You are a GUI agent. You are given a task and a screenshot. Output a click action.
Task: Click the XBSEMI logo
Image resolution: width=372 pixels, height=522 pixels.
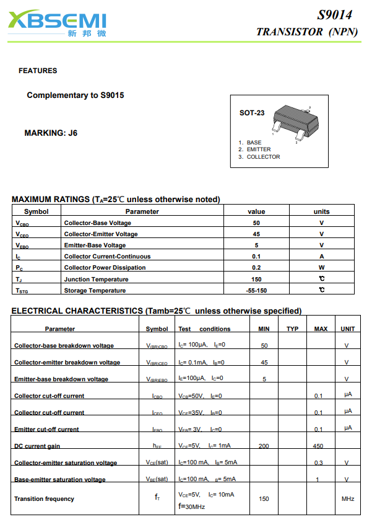click(57, 24)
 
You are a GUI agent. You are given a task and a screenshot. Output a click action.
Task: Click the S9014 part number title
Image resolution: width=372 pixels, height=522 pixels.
click(335, 15)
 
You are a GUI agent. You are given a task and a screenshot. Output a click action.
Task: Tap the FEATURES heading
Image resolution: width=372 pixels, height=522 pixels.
click(38, 71)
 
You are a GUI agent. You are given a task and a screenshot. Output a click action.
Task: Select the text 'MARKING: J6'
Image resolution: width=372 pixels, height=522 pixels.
click(51, 133)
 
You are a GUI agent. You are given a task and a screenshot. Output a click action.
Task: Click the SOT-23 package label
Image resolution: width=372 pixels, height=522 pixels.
click(252, 113)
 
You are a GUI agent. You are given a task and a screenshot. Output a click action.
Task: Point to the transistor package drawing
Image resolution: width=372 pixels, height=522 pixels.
click(291, 119)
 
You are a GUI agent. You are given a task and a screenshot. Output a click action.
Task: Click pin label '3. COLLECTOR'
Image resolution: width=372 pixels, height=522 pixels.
click(259, 157)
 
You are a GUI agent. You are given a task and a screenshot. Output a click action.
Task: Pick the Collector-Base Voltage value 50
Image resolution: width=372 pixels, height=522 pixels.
click(256, 223)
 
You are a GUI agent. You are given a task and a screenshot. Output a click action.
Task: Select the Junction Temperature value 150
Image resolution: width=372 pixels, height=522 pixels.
click(256, 279)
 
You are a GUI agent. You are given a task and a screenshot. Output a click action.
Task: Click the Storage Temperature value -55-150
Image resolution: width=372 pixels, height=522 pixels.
click(256, 290)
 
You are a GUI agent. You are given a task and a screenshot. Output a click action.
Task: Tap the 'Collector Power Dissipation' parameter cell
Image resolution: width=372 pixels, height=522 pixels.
click(105, 268)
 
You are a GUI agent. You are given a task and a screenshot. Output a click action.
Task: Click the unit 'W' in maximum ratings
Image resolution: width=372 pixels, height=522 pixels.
click(322, 268)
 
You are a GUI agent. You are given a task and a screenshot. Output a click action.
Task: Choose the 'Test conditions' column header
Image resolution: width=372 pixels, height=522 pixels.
click(204, 329)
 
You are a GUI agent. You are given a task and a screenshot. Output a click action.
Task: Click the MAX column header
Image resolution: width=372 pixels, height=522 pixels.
click(321, 329)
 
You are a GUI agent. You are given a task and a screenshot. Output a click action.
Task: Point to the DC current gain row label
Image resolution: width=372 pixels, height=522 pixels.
click(37, 446)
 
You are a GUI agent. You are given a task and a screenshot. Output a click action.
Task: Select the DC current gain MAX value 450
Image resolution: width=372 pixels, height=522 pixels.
click(318, 446)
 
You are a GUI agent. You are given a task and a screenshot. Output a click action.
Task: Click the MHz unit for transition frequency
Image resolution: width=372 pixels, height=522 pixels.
click(347, 498)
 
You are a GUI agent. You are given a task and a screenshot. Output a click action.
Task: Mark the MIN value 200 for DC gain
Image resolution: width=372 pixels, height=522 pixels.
click(264, 446)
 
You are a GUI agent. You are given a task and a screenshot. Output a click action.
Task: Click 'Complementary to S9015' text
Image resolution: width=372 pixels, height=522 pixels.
click(76, 95)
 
